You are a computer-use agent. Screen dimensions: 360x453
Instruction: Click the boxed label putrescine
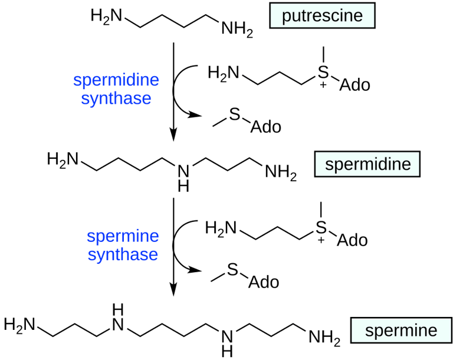(x=321, y=15)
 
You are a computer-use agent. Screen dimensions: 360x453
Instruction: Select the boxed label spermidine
(x=367, y=163)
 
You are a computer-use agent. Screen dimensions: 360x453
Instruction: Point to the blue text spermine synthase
(x=123, y=246)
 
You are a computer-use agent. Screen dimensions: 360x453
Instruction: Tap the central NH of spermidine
(x=185, y=176)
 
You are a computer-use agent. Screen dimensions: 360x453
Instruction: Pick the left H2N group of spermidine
(x=62, y=159)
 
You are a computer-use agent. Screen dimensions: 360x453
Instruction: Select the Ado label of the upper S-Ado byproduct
(x=266, y=127)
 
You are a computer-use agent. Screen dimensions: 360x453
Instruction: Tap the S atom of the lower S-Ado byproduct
(x=232, y=270)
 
